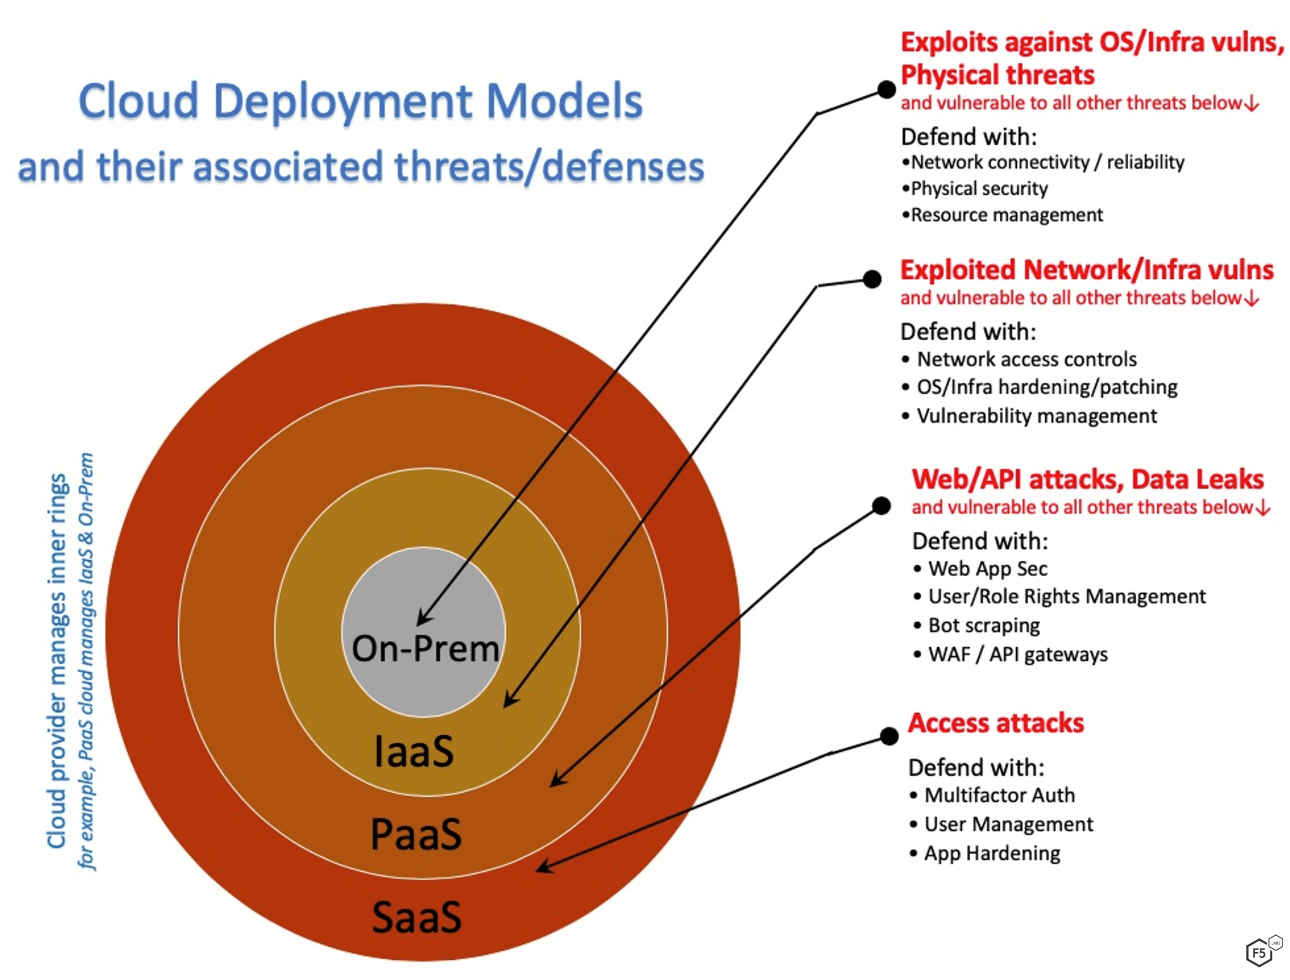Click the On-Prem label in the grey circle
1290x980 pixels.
click(425, 649)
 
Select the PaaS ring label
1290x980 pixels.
click(416, 834)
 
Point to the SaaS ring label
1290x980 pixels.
click(417, 917)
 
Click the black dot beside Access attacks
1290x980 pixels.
click(889, 736)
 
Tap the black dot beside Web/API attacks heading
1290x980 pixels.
click(881, 506)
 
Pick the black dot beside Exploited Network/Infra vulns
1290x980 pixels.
click(872, 279)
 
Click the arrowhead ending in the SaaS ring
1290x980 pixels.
click(543, 867)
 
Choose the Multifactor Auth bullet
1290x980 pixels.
click(999, 795)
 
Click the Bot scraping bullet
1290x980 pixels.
click(983, 625)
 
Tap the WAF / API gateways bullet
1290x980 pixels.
click(1017, 654)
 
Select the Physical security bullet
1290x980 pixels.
click(979, 188)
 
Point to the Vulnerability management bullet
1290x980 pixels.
click(1036, 416)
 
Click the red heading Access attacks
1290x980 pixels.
click(996, 723)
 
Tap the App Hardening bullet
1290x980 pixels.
click(992, 853)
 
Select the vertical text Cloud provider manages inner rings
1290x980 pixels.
click(57, 661)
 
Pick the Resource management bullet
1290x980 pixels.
click(1006, 215)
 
